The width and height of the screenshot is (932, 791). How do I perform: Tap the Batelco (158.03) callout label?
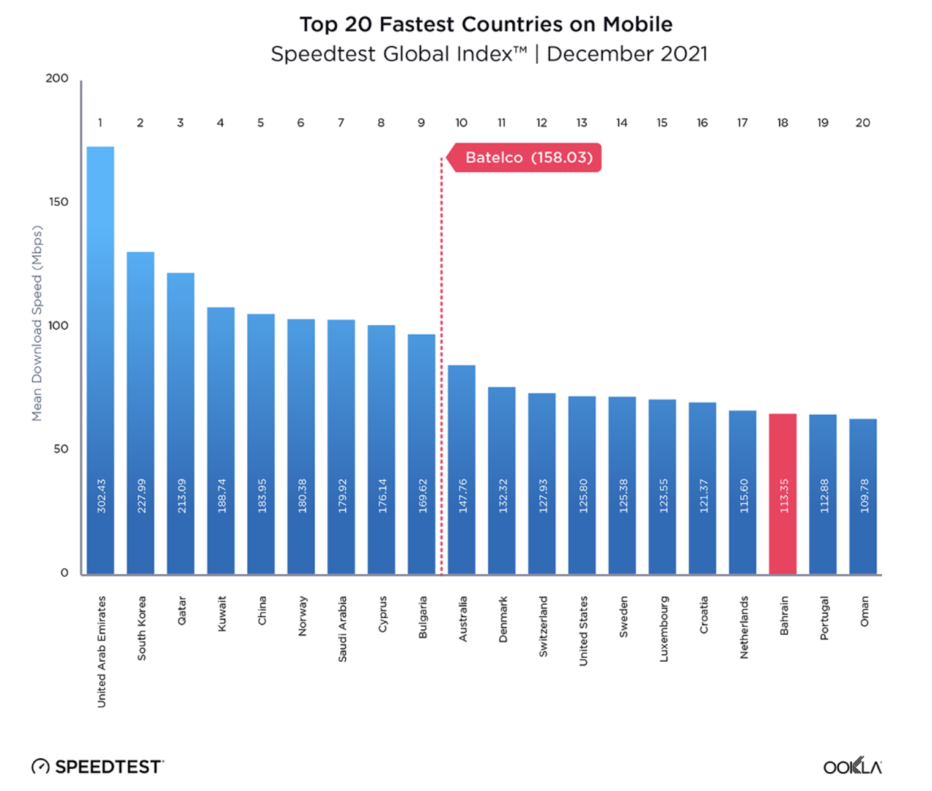(x=529, y=157)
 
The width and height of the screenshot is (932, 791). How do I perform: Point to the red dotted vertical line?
(x=441, y=364)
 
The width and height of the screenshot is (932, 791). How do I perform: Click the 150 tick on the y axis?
(x=59, y=202)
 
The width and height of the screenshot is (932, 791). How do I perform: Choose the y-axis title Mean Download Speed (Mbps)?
(x=37, y=323)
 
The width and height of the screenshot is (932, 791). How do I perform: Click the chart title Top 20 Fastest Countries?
(x=486, y=24)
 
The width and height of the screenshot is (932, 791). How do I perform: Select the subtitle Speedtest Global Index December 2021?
(x=489, y=54)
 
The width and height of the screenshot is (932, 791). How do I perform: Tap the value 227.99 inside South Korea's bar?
(x=141, y=495)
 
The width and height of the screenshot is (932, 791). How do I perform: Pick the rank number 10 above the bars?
(x=461, y=122)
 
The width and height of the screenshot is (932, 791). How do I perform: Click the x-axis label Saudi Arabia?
(x=342, y=629)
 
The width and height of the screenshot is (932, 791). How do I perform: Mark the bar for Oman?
(x=863, y=495)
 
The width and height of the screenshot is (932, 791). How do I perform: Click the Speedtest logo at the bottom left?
(x=98, y=766)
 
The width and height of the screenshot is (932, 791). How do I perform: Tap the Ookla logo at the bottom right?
(x=852, y=766)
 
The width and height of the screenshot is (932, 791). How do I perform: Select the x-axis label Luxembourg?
(x=663, y=629)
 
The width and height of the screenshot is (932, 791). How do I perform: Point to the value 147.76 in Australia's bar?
(x=462, y=495)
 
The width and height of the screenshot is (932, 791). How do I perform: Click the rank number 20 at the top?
(x=863, y=122)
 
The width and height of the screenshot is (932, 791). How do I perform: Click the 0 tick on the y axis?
(x=64, y=572)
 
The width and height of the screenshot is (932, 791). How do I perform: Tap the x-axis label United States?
(x=583, y=630)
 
